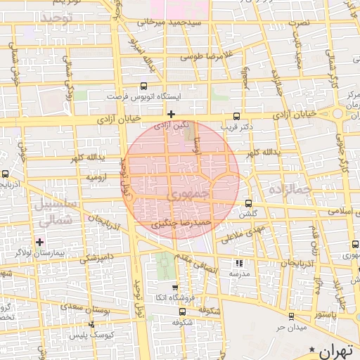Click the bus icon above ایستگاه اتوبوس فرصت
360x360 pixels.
[x=144, y=85]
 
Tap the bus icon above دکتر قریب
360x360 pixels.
[x=236, y=117]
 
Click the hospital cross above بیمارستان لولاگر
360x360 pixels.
[x=40, y=241]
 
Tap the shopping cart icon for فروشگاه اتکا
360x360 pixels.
[x=176, y=287]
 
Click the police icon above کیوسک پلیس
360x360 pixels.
[x=91, y=325]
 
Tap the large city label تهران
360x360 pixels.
[x=337, y=350]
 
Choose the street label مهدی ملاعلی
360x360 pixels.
[x=240, y=235]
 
